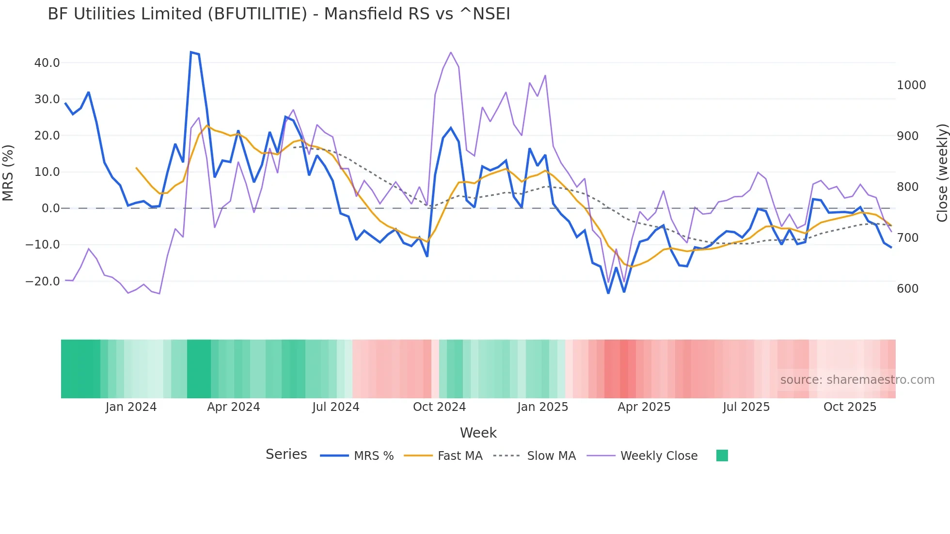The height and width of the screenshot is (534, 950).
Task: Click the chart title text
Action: (x=279, y=14)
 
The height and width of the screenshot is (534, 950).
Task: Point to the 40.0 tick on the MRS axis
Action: (x=47, y=63)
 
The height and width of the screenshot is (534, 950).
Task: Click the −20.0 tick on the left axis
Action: (x=43, y=282)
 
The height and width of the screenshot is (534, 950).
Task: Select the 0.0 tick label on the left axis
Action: (x=51, y=208)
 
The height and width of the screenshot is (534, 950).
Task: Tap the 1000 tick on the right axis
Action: (x=911, y=85)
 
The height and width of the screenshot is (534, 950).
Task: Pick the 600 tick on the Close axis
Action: (x=907, y=289)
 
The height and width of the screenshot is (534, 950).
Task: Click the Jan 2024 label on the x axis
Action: (x=131, y=407)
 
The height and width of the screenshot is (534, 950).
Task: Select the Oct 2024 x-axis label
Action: (x=439, y=407)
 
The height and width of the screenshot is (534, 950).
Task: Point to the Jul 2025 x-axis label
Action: (x=746, y=407)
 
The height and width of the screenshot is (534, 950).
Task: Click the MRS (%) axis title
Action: (x=8, y=173)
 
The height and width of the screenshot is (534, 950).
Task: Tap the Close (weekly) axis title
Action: (x=942, y=173)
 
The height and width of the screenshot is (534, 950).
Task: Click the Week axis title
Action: (x=478, y=433)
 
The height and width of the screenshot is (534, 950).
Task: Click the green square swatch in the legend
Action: (x=722, y=455)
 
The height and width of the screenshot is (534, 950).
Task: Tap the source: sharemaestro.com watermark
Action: (x=857, y=380)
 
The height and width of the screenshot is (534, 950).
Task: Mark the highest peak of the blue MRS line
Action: (x=191, y=52)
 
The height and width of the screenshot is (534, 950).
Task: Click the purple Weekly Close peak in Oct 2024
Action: (x=451, y=52)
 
